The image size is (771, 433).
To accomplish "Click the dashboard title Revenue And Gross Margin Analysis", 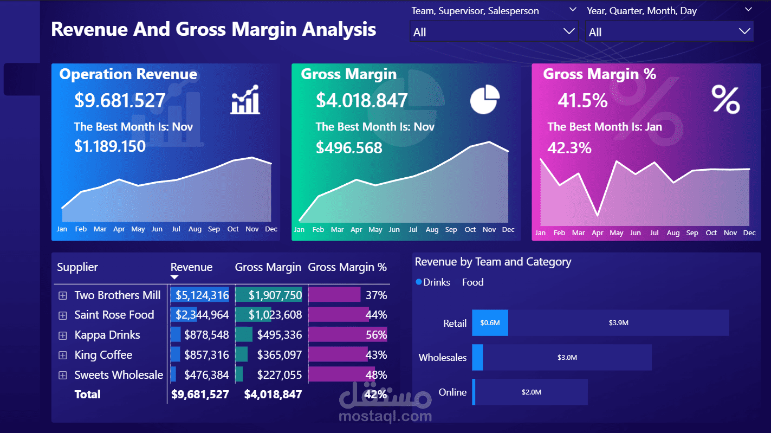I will tap(213, 29).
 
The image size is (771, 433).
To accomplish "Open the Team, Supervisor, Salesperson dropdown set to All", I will tap(494, 32).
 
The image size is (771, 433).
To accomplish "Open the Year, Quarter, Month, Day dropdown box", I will tap(669, 32).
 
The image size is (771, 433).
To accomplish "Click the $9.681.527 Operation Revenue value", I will tap(120, 101).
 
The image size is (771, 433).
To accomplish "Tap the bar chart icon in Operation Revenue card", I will tap(245, 100).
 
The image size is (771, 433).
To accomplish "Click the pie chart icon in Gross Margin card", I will tap(484, 100).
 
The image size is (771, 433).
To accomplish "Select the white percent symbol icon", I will tap(725, 100).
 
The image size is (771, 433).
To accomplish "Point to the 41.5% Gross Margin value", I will tap(582, 101).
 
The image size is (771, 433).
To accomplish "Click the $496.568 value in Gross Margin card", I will tap(349, 147).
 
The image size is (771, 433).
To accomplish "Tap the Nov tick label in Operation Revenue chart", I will tap(252, 229).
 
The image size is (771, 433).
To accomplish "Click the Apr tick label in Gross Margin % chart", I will tap(597, 233).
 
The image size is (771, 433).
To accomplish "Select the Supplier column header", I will tap(77, 267).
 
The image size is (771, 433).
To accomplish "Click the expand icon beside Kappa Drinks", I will tap(63, 335).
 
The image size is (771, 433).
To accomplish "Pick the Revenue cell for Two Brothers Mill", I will tap(201, 295).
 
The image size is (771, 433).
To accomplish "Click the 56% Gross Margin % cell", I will tap(376, 335).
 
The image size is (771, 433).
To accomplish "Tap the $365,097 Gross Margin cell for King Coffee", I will tap(279, 355).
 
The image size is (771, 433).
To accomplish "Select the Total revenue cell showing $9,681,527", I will tap(200, 395).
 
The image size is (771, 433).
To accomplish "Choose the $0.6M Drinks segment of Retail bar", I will tap(490, 323).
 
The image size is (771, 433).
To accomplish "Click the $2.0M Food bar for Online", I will tap(532, 392).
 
